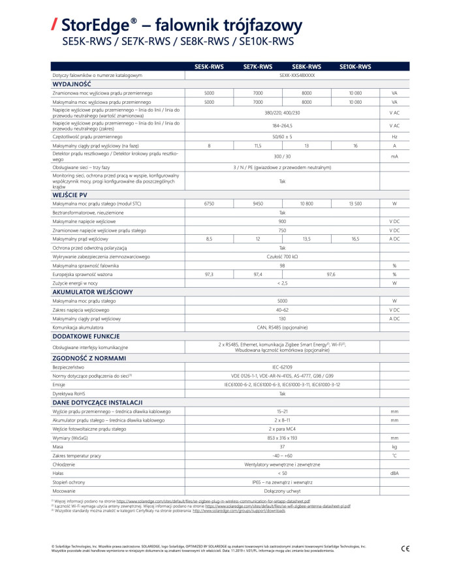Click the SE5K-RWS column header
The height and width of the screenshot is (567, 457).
209,67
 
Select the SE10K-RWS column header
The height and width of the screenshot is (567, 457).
355,67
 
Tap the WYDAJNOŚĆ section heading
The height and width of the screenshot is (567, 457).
72,84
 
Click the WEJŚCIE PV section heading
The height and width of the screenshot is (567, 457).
71,194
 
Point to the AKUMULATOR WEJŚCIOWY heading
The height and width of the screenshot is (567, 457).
92,292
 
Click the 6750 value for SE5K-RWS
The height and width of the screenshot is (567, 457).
209,204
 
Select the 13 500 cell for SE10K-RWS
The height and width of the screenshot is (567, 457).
355,204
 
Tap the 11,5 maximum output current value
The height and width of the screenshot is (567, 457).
258,146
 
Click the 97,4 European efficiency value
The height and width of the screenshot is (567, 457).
258,274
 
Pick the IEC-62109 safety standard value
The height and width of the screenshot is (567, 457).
283,368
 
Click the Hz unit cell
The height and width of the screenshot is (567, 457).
394,136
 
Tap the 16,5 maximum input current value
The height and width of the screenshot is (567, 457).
355,239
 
